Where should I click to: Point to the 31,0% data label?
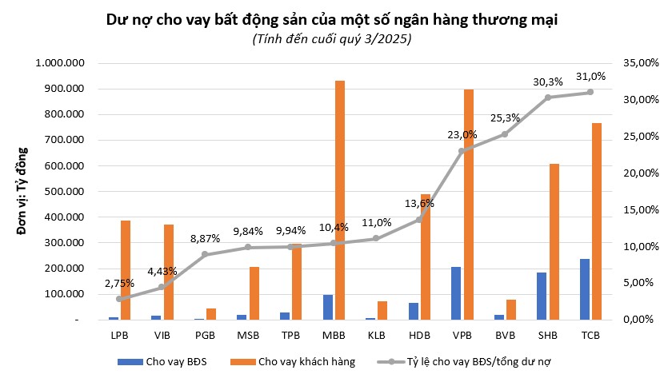pos(590,77)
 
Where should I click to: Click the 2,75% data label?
pos(118,283)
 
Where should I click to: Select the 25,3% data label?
pos(505,117)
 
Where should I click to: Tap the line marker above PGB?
pos(205,254)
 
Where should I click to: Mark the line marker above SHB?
pos(548,97)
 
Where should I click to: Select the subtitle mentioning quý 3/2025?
pos(332,39)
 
